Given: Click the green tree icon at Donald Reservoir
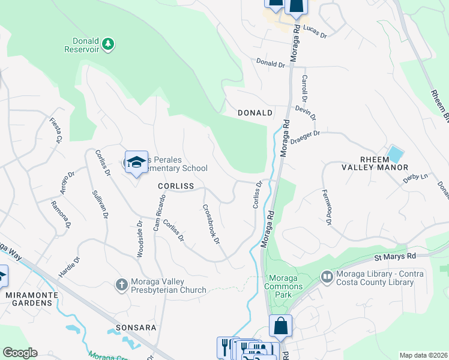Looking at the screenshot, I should pyautogui.click(x=108, y=43).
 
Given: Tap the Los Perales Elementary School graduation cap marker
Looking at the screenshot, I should pyautogui.click(x=137, y=163).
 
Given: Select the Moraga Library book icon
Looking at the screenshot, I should pyautogui.click(x=327, y=277).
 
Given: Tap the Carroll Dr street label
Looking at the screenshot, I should pyautogui.click(x=304, y=88).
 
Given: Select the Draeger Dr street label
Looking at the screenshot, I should pyautogui.click(x=306, y=138).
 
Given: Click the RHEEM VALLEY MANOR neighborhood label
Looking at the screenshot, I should pyautogui.click(x=384, y=163).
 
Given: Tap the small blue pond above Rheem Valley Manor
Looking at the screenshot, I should pyautogui.click(x=396, y=154).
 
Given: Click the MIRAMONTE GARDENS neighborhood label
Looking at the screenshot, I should pyautogui.click(x=29, y=299).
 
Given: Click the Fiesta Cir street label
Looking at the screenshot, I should pyautogui.click(x=56, y=130).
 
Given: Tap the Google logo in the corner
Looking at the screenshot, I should pyautogui.click(x=20, y=353).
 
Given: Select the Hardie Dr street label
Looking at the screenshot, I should pyautogui.click(x=68, y=268).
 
